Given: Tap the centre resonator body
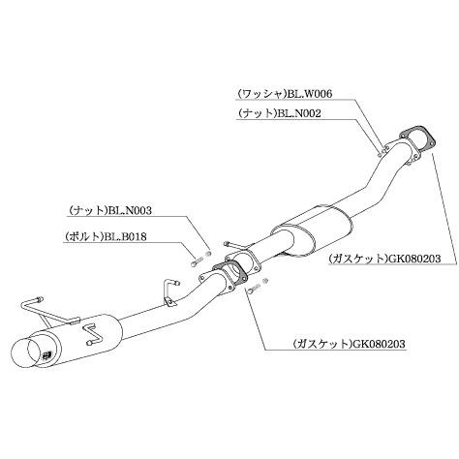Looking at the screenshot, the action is pos(312,230).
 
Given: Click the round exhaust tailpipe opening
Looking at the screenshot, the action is pos(24,353).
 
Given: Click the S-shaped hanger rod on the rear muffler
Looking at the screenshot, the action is pos(94,334).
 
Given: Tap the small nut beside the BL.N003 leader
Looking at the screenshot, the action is pos(208,254).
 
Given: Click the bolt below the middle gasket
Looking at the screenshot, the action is pos(253,288).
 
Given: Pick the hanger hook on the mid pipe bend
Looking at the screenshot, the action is pos(169,291).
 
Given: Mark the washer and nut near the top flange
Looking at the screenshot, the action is pos(382,151).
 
